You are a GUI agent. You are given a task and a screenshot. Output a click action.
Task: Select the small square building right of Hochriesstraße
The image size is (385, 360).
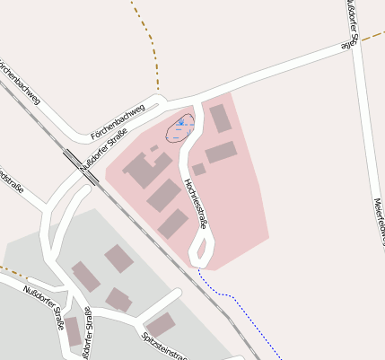point(198,169)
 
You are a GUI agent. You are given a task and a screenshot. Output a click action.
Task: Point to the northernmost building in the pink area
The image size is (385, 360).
point(220,118)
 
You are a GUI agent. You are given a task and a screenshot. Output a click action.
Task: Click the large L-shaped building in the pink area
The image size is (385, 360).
point(144,169)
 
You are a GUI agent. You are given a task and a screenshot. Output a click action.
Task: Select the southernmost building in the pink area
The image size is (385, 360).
point(173,224)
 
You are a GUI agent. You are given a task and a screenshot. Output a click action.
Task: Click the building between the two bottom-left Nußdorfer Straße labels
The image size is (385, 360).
point(72,330)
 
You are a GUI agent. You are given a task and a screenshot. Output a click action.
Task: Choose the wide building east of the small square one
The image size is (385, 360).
point(220,152)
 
